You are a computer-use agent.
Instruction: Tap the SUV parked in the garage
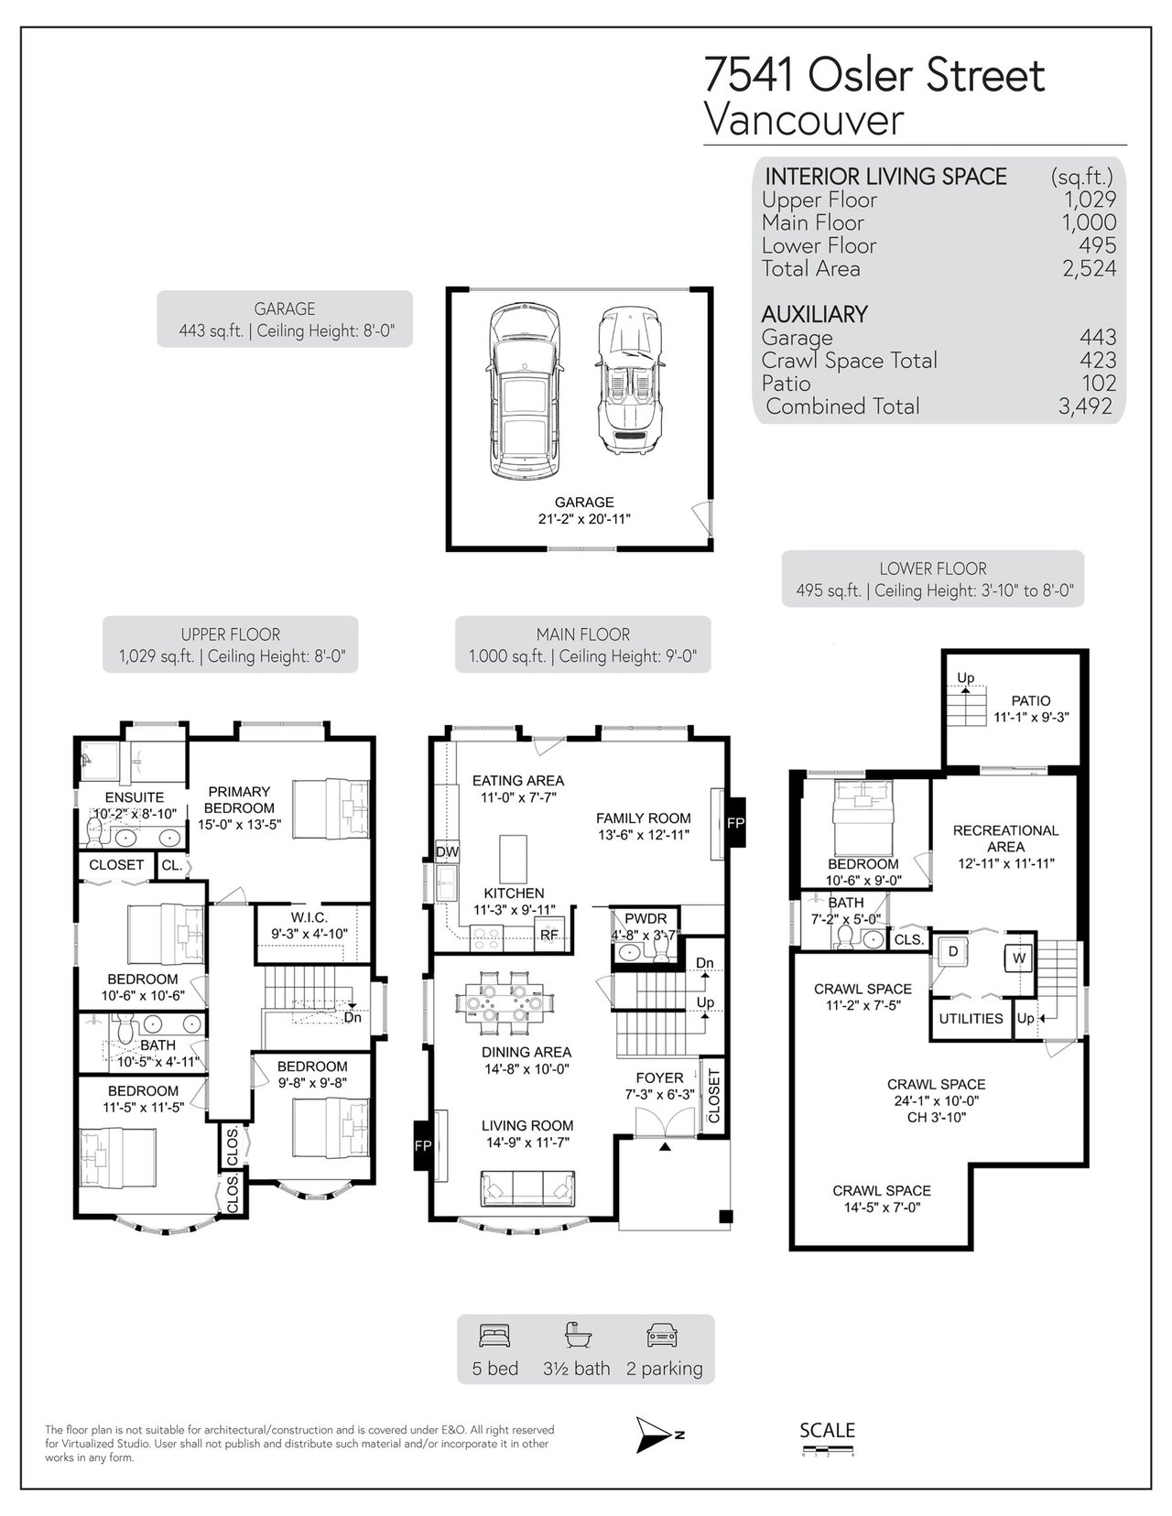point(525,391)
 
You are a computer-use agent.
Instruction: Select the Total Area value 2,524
point(1089,268)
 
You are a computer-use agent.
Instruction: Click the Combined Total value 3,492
point(1086,406)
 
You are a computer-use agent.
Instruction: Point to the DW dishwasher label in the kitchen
point(447,851)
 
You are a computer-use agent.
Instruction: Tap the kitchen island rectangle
point(513,860)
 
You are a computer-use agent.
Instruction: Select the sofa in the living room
point(527,1189)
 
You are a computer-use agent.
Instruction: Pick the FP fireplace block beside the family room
point(735,822)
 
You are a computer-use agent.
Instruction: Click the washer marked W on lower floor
point(1018,958)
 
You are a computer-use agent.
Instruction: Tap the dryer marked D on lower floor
point(952,951)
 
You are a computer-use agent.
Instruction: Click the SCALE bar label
point(828,1430)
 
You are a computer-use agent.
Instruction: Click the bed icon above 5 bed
point(494,1335)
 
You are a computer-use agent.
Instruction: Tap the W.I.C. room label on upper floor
point(309,917)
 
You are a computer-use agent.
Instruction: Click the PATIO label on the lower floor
point(1031,700)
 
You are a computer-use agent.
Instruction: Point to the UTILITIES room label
point(971,1018)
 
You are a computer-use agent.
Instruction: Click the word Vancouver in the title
point(804,119)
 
